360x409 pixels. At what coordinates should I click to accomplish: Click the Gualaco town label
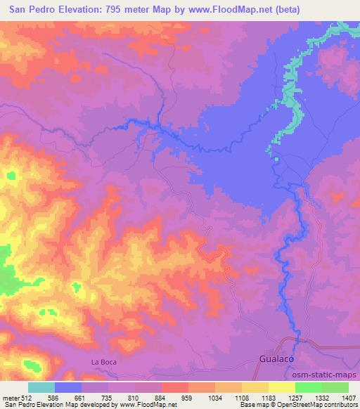click(273, 360)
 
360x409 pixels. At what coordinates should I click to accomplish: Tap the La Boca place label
click(102, 362)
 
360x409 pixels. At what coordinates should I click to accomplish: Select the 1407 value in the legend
click(349, 397)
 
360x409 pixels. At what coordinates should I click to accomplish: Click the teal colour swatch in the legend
click(41, 387)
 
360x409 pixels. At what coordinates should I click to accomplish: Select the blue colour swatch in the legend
click(68, 387)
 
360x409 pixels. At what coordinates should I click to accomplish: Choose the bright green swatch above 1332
click(308, 387)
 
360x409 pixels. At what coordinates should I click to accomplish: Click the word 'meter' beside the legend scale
click(9, 397)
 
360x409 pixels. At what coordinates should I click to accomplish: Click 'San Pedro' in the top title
click(26, 11)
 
